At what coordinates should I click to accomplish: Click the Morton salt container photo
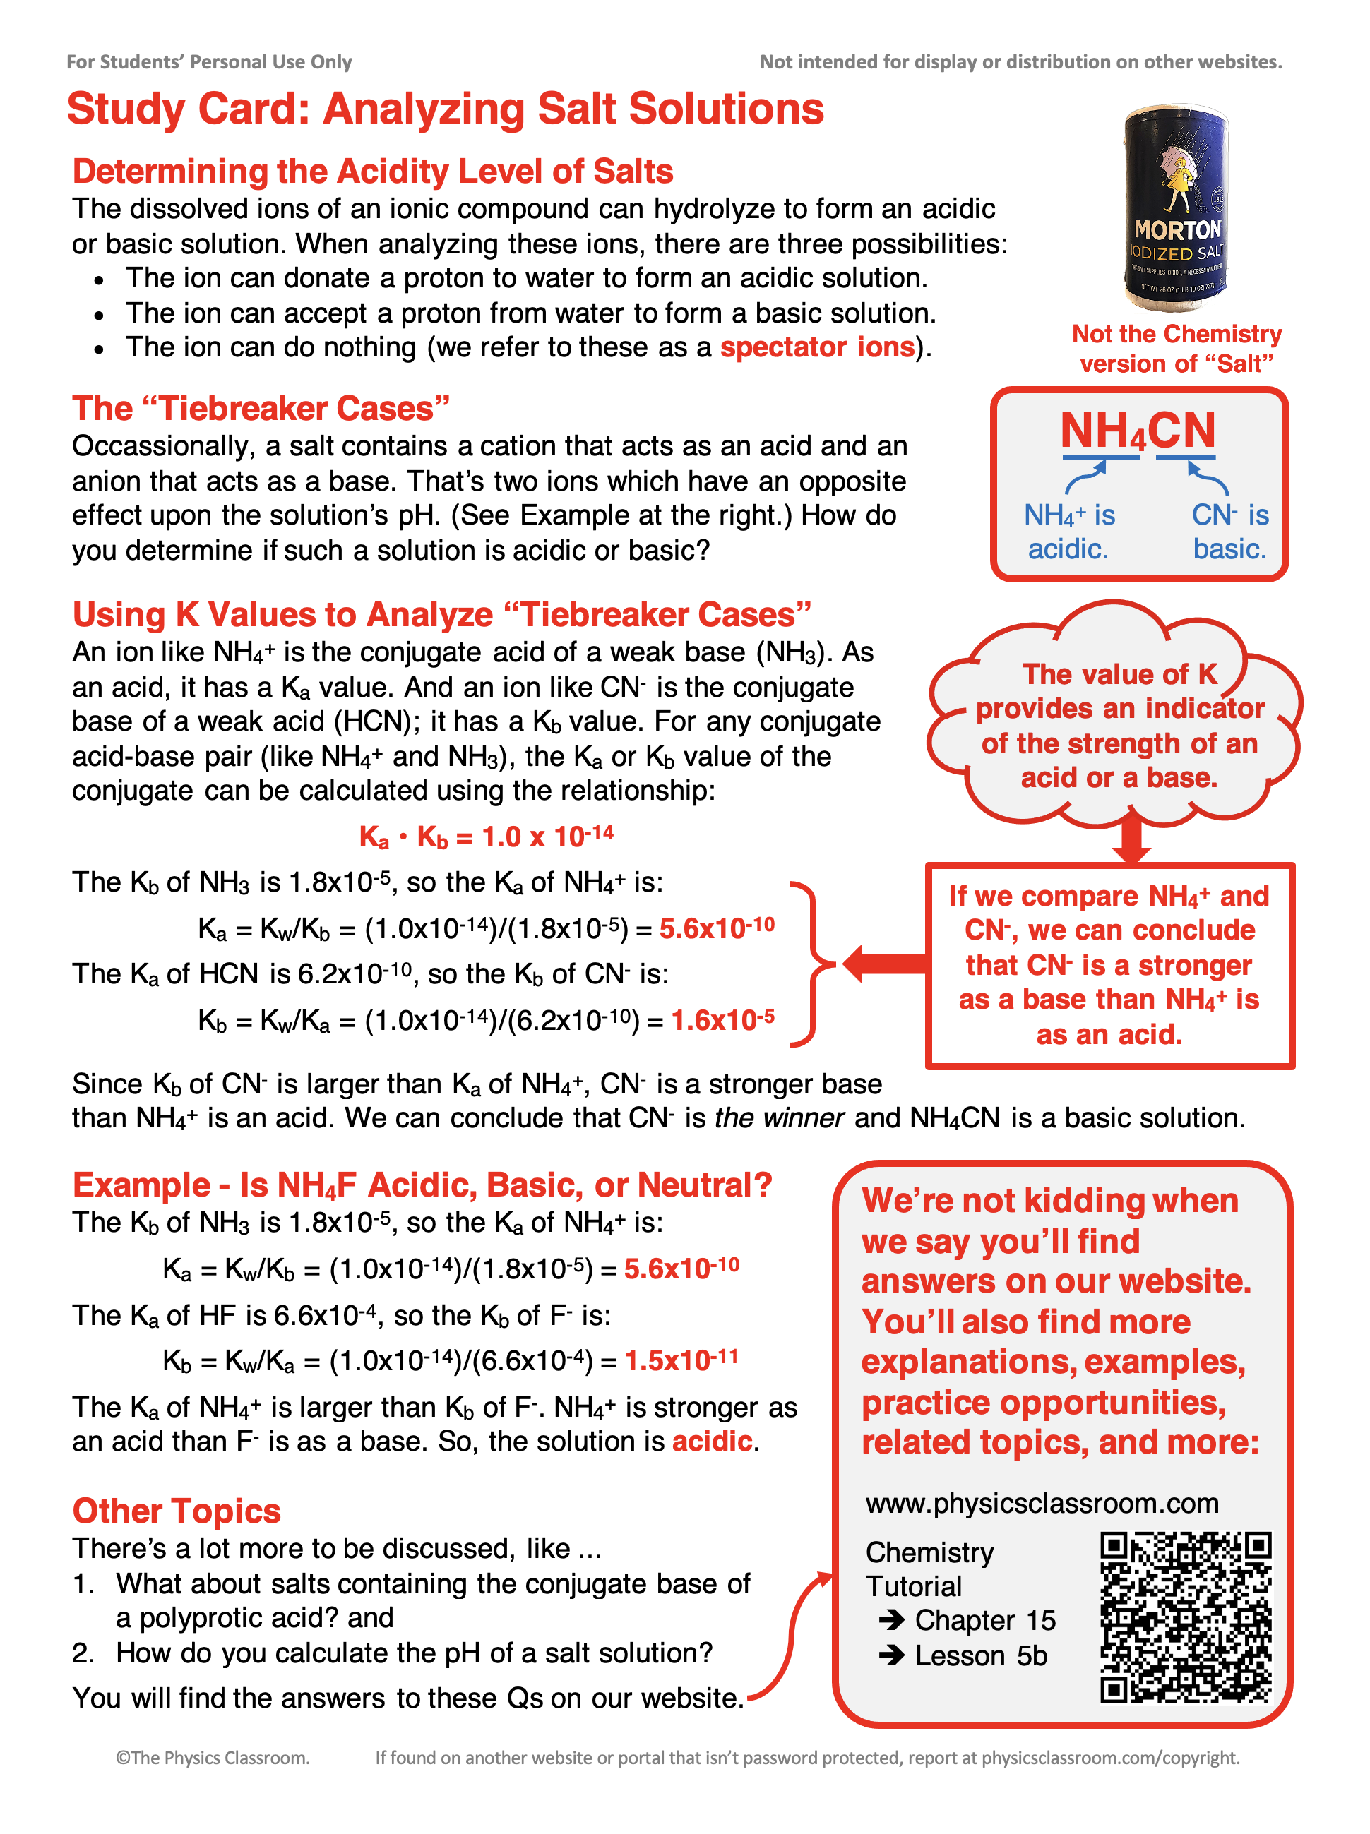coord(1176,208)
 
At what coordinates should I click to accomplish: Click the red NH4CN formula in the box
coord(1138,431)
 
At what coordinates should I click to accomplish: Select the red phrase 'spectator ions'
coord(817,347)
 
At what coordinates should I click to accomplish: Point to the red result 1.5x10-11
coord(681,1360)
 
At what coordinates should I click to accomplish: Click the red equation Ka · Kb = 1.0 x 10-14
coord(486,837)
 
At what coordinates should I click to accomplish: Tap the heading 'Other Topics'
coord(177,1511)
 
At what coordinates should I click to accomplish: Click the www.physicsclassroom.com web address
coord(1042,1503)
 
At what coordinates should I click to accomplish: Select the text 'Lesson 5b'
coord(980,1655)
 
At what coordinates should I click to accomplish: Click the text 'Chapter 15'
coord(984,1620)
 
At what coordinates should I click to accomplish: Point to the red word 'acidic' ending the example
coord(713,1442)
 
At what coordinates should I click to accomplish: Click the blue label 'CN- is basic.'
coord(1230,532)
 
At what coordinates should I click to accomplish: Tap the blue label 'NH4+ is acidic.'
coord(1069,532)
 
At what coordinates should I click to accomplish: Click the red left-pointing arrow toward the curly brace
coord(884,963)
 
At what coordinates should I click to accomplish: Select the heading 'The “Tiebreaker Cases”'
coord(261,409)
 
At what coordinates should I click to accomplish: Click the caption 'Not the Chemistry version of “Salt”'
coord(1176,348)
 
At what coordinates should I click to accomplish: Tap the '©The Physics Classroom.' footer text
coord(213,1758)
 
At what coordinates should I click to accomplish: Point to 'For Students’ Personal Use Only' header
coord(209,62)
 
